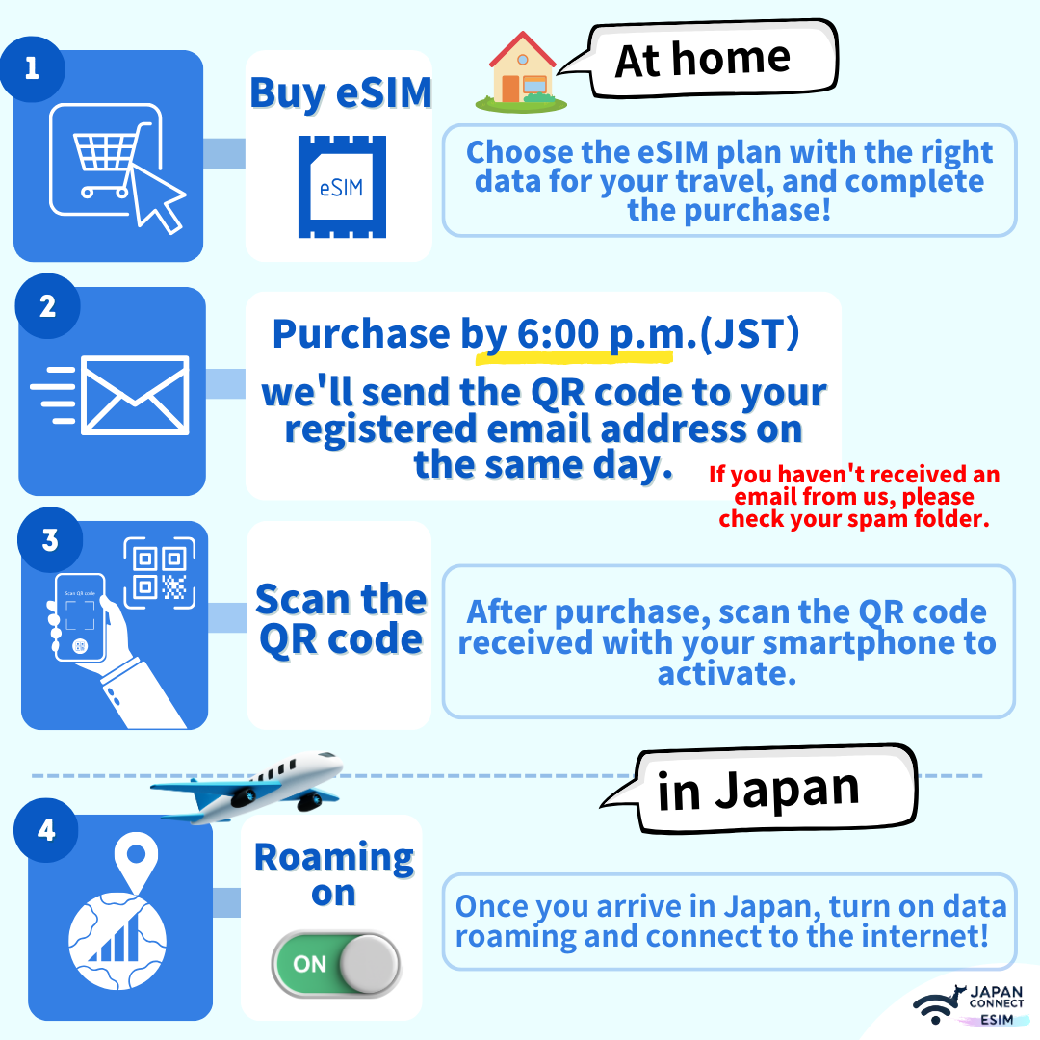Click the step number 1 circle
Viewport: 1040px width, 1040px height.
(32, 69)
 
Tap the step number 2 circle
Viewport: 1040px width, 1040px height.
(47, 306)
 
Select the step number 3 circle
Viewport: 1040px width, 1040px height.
(50, 540)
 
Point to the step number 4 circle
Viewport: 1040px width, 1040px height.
(46, 830)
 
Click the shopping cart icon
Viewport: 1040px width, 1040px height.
(106, 159)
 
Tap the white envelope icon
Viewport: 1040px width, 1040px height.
(135, 396)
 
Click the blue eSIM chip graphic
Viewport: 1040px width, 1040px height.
(342, 187)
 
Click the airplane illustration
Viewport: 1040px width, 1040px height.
(247, 786)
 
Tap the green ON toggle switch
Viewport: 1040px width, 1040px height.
(336, 964)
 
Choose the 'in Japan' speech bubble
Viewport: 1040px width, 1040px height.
(760, 790)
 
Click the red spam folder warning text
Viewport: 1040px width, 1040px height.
(854, 496)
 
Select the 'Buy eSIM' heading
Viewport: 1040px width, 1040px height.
(341, 92)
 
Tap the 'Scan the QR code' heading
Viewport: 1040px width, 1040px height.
(341, 619)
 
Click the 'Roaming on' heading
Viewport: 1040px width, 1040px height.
(334, 874)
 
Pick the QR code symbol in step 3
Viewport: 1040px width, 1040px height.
(160, 573)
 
